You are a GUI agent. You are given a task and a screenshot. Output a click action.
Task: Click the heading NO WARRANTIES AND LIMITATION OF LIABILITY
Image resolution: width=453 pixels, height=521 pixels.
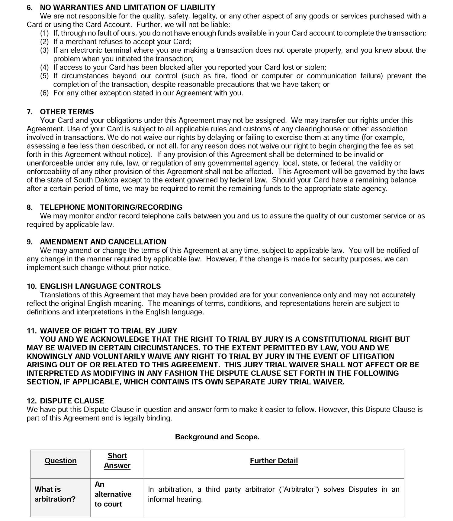(127, 7)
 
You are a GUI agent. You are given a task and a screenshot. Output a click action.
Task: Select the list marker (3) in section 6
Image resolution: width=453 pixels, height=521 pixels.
(44, 50)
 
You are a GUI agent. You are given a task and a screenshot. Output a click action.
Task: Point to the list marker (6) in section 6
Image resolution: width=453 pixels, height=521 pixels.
(44, 93)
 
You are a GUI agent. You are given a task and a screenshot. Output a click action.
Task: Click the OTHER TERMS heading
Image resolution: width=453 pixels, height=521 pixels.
(67, 112)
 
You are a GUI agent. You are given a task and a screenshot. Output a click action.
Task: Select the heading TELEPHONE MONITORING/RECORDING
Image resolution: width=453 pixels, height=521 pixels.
(111, 207)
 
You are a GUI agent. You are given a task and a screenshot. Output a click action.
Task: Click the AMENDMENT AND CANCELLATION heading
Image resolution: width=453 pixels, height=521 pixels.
(103, 242)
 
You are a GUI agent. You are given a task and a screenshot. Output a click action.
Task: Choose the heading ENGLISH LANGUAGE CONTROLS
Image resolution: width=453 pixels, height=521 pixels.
(100, 286)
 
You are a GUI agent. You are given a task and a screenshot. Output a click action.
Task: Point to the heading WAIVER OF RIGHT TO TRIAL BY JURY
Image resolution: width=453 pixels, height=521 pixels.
(108, 331)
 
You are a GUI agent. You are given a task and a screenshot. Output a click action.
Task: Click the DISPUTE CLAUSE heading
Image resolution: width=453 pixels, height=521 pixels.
(72, 401)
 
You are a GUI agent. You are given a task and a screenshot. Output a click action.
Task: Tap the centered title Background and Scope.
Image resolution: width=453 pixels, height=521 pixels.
(217, 437)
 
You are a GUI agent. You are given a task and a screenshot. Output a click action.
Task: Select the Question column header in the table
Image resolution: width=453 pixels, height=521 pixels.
(60, 461)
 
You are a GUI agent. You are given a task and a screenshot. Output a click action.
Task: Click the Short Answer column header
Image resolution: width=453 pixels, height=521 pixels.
(117, 460)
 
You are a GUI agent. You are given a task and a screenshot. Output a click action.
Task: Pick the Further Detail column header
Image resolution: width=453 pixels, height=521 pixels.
(274, 461)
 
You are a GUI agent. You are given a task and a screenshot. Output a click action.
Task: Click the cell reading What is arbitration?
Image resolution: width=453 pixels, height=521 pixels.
(55, 494)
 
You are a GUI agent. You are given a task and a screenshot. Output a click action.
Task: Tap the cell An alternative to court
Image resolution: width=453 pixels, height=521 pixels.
(113, 494)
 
